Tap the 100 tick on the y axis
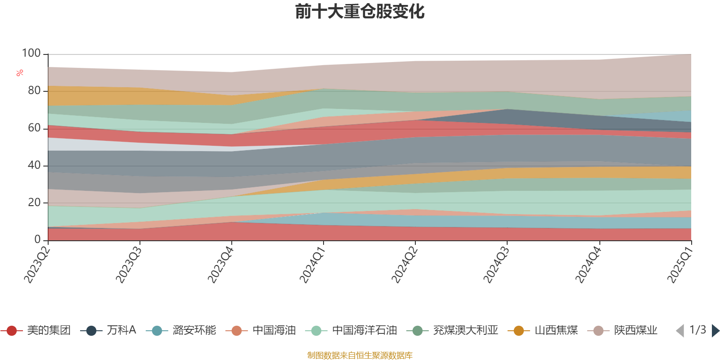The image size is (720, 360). click(31, 54)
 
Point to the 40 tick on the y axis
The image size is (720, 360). click(34, 165)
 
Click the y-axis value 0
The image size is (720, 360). click(38, 240)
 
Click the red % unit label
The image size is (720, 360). click(20, 73)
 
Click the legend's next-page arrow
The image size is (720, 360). click(715, 331)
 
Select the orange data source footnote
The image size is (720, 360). click(360, 355)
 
